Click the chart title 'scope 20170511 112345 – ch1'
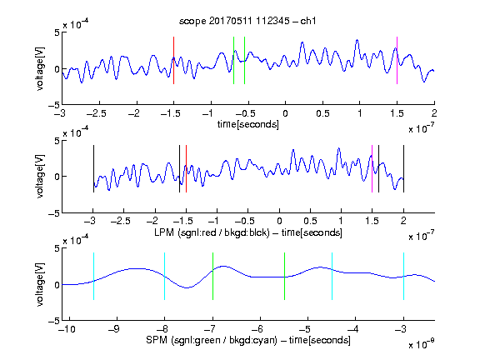(x=247, y=21)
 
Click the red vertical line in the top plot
(x=173, y=60)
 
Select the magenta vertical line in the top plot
(x=397, y=60)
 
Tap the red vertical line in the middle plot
(x=186, y=168)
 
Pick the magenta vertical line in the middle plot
(x=372, y=168)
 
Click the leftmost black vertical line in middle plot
(x=93, y=168)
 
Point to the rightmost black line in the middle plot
(x=403, y=168)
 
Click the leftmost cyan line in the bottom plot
(x=93, y=276)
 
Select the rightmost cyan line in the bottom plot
(x=403, y=276)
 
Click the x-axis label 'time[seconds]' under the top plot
(x=248, y=125)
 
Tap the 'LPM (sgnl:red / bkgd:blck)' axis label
(x=212, y=232)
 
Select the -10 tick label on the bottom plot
(x=67, y=329)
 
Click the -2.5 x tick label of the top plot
(x=97, y=113)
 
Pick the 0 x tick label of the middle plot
(x=279, y=221)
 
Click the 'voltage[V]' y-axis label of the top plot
(x=40, y=68)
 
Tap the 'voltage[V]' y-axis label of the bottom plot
(x=40, y=284)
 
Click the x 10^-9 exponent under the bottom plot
(x=421, y=344)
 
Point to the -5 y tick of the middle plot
(x=54, y=213)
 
